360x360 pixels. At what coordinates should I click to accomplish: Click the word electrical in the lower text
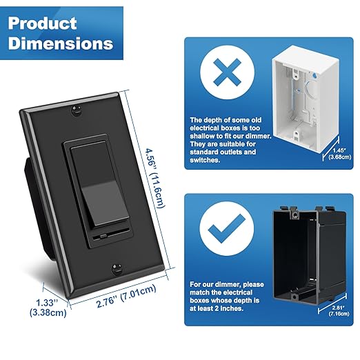click(245, 292)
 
